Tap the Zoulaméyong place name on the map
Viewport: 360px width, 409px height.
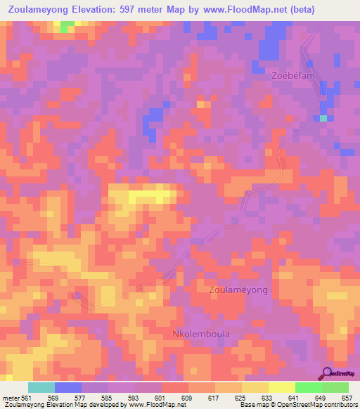239,290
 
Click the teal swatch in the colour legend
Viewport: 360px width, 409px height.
41,387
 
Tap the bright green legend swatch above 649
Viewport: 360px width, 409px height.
309,387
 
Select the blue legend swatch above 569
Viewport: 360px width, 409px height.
68,387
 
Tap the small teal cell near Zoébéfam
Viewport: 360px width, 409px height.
323,118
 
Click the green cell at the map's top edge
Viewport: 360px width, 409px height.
67,26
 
